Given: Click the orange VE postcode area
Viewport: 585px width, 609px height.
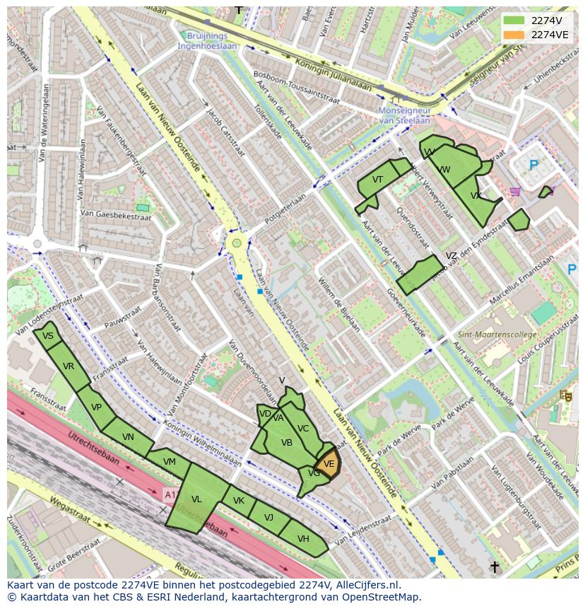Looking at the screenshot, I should [329, 465].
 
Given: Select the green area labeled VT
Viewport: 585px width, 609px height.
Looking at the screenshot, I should [377, 181].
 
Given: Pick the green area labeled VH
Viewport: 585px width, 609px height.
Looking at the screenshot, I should [303, 539].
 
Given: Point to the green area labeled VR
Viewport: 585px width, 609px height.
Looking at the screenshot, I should [69, 366].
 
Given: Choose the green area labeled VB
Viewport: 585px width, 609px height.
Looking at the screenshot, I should [286, 443].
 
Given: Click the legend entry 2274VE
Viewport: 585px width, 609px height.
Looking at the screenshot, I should [549, 35].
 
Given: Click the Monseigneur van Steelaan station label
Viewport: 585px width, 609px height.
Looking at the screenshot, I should [404, 116].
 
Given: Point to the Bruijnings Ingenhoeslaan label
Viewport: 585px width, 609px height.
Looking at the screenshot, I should [208, 40].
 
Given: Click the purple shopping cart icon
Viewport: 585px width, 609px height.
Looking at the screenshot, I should [516, 191].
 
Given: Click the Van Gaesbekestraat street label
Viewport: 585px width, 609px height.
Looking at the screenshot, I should [116, 214].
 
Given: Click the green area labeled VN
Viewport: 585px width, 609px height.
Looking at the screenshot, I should [128, 437].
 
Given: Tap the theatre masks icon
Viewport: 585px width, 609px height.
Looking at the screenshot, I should [565, 395].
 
